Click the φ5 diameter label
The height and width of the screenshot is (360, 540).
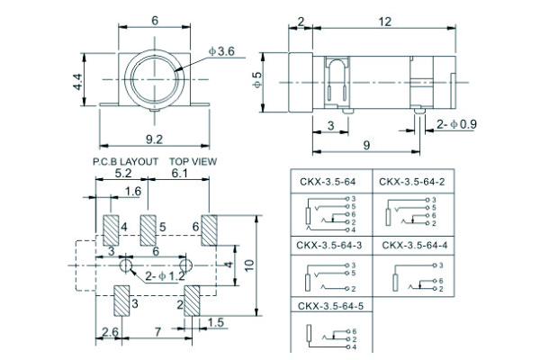tap(258, 79)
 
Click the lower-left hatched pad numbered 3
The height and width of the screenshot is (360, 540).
tap(122, 301)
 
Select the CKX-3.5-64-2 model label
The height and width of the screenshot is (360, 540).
tap(411, 181)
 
